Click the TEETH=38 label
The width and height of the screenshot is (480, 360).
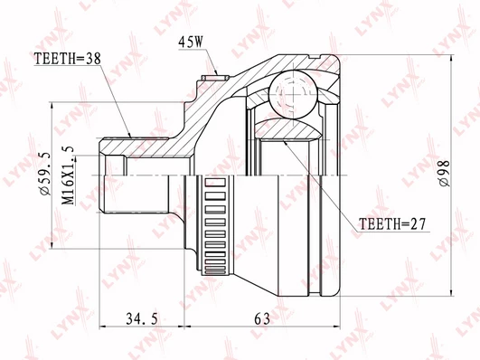click(x=68, y=59)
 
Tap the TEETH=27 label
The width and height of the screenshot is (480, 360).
click(x=391, y=224)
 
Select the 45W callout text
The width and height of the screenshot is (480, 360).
click(x=191, y=43)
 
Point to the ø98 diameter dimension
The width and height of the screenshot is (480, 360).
click(x=444, y=174)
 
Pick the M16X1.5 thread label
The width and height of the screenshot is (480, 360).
click(x=68, y=175)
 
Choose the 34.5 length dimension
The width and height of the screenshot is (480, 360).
click(x=142, y=319)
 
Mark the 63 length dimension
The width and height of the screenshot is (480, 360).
click(x=262, y=319)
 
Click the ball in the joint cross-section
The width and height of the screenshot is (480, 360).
click(x=293, y=94)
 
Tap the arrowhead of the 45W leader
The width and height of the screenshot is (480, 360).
click(x=217, y=73)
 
